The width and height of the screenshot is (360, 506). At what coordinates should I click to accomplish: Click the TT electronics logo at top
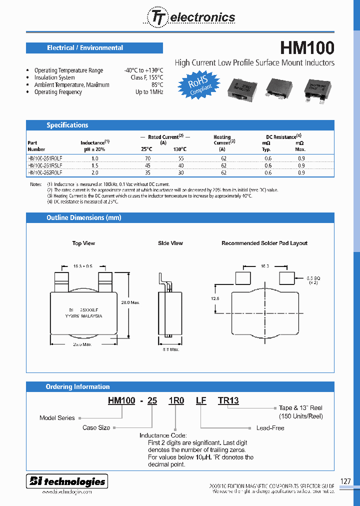click(x=190, y=17)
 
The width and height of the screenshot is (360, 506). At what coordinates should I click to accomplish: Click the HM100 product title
click(x=306, y=48)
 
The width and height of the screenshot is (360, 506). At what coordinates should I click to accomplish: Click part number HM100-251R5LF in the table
click(x=45, y=165)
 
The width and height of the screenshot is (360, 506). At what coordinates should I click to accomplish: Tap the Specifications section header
click(x=67, y=125)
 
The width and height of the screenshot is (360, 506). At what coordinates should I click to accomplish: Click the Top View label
click(x=83, y=243)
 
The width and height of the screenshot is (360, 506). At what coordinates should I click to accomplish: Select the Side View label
click(x=170, y=243)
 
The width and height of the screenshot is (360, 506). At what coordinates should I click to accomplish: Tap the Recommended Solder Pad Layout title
click(x=264, y=243)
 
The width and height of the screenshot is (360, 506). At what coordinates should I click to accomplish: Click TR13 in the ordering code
click(x=228, y=400)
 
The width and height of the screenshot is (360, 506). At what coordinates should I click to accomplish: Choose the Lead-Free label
click(x=270, y=428)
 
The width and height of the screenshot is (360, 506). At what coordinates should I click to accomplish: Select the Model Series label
click(x=57, y=418)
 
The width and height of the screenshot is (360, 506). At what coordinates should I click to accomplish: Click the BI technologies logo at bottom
click(x=67, y=481)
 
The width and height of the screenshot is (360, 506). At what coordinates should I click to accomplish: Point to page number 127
click(x=345, y=481)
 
